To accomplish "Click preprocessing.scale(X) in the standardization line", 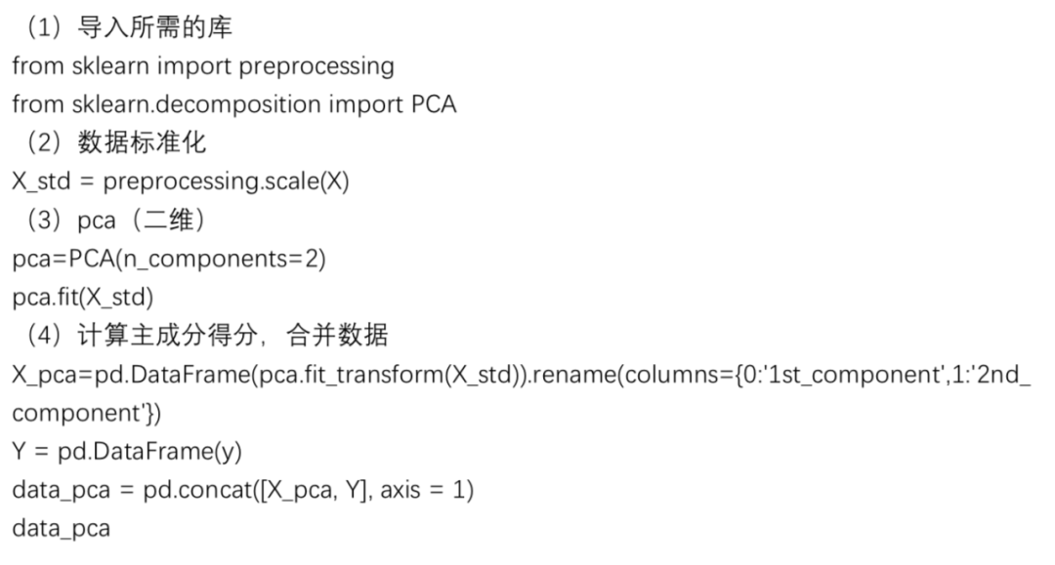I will coord(226,182).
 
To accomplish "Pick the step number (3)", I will coord(44,221).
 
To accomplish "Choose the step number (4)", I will coord(44,337).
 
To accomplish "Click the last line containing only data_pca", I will coord(61,530).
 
